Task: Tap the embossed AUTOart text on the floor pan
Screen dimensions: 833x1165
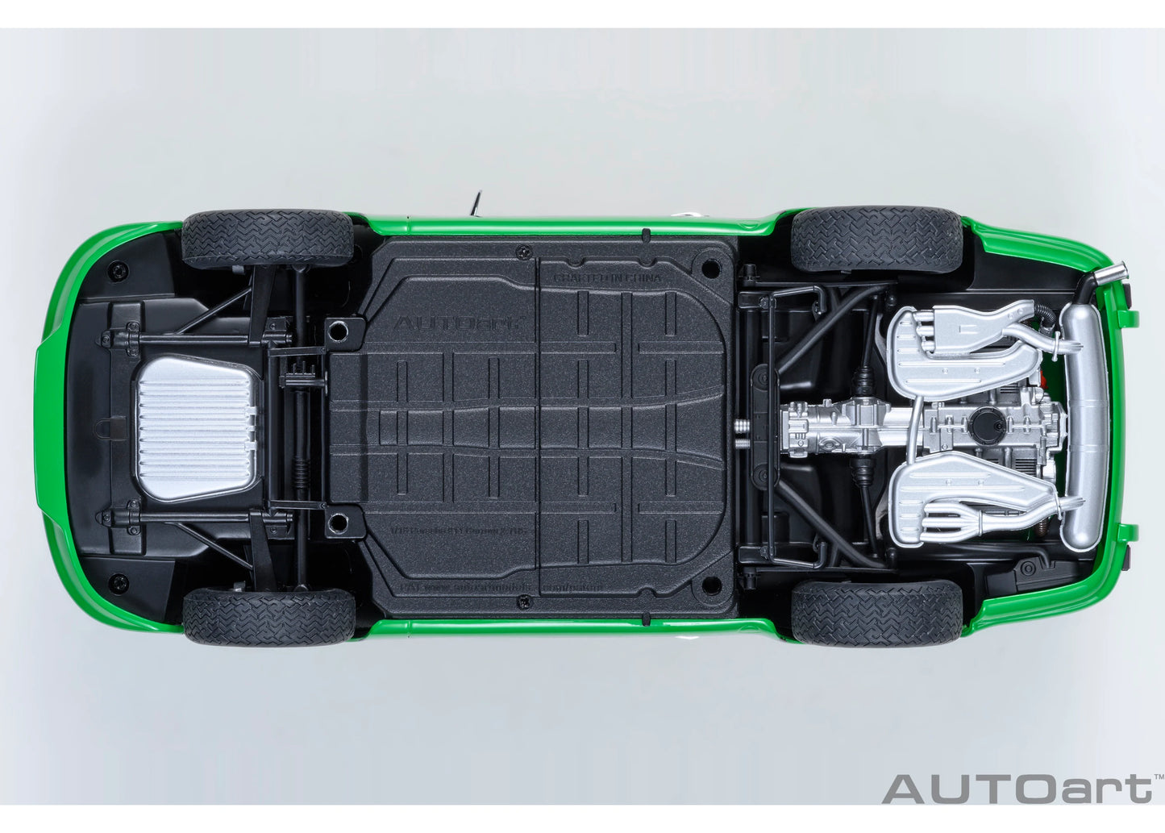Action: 456,323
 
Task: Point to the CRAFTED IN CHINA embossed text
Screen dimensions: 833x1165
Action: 606,277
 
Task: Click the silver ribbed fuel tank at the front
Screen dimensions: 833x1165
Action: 195,428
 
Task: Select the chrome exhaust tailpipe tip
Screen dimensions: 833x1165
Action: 1109,275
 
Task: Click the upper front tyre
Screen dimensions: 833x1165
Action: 268,239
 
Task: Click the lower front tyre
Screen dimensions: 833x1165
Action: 268,616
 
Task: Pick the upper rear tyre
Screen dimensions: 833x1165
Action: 876,239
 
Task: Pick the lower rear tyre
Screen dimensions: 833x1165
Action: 876,613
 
